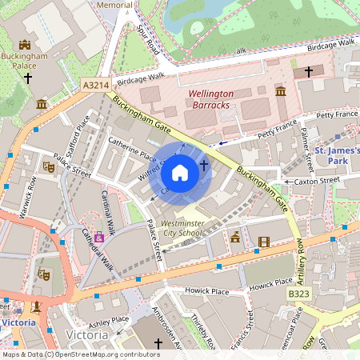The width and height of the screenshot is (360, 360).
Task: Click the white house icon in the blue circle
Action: pyautogui.click(x=180, y=173)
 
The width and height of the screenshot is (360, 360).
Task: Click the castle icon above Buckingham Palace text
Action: pyautogui.click(x=24, y=45)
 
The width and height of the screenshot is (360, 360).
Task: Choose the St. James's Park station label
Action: pyautogui.click(x=337, y=156)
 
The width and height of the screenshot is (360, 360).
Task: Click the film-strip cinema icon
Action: pyautogui.click(x=264, y=241)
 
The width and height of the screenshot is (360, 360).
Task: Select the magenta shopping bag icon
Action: pyautogui.click(x=98, y=237)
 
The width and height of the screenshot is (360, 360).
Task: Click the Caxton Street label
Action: pyautogui.click(x=318, y=182)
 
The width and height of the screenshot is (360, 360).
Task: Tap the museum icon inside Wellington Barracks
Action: pyautogui.click(x=281, y=92)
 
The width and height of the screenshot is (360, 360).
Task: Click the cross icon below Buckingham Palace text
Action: pyautogui.click(x=28, y=78)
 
